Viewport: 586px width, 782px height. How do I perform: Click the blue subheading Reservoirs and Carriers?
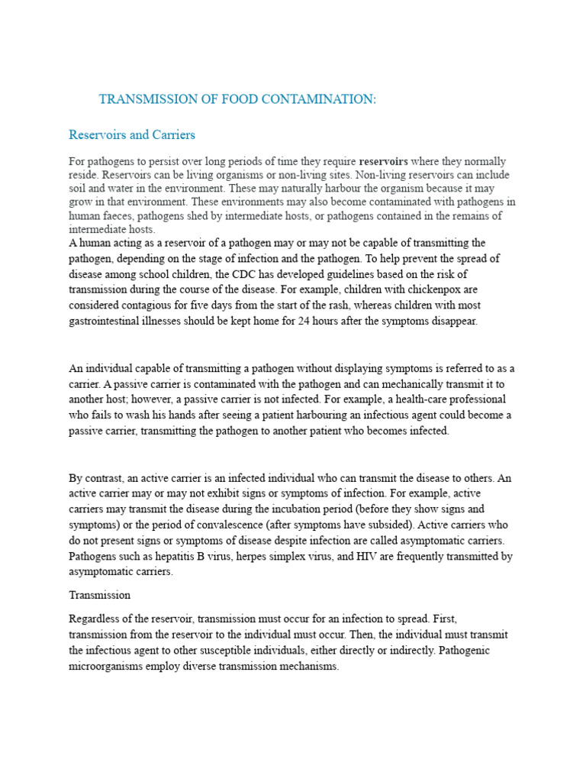click(132, 135)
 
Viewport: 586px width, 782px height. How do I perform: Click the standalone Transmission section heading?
click(100, 595)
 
